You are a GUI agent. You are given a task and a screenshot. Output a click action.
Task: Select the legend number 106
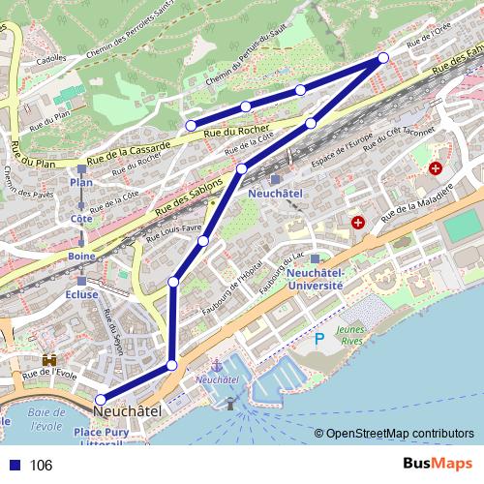(x=41, y=465)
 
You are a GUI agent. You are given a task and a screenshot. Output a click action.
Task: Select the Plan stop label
(x=81, y=182)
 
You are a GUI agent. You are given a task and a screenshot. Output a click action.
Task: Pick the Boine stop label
(x=81, y=256)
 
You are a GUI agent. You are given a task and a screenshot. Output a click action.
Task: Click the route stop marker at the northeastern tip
(x=383, y=58)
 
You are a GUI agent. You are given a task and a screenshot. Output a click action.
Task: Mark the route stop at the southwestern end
(x=101, y=398)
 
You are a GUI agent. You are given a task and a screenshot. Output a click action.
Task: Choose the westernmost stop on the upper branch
(x=191, y=125)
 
